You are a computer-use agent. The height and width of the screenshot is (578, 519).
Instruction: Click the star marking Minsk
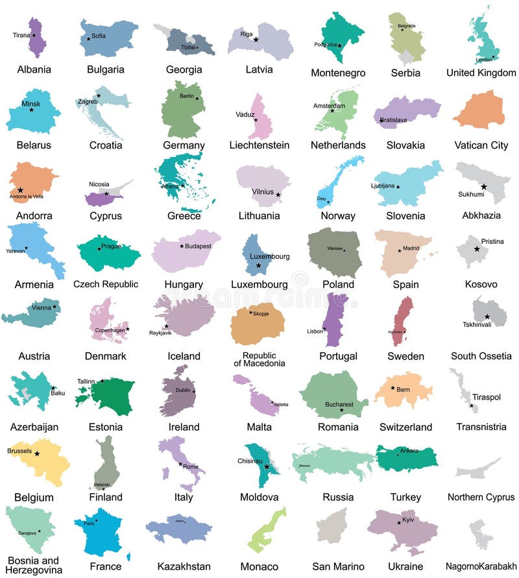[x=31, y=110]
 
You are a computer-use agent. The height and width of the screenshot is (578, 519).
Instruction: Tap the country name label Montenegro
[x=338, y=73]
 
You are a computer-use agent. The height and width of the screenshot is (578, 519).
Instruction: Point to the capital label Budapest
[x=199, y=246]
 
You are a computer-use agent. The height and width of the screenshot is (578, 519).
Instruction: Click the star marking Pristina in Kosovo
[x=477, y=249]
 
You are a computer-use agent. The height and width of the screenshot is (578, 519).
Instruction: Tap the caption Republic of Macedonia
[x=259, y=359]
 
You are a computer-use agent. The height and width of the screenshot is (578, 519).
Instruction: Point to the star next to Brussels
[x=37, y=454]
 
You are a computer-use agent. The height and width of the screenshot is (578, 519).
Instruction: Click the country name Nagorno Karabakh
[x=481, y=566]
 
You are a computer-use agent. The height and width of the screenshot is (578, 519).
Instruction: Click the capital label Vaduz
[x=245, y=114]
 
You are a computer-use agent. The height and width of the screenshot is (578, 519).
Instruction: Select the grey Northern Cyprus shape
[x=478, y=469]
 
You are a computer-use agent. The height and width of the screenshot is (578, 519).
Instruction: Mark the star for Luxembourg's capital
[x=258, y=265]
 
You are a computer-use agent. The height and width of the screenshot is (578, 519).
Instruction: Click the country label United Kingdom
[x=481, y=73]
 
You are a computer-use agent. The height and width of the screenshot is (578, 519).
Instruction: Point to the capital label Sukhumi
[x=471, y=193]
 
